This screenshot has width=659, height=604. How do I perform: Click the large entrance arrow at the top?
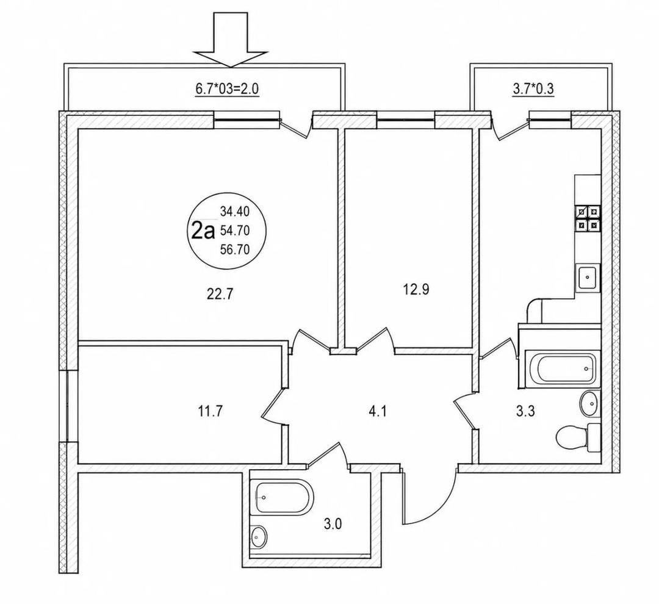point(230,40)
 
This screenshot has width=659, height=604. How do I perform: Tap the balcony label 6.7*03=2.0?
point(227,89)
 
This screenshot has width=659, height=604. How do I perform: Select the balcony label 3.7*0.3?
point(533,89)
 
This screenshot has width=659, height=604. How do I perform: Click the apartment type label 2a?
point(203,231)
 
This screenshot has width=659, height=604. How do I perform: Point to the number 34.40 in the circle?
point(235,212)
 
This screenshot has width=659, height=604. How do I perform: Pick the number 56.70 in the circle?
point(235,250)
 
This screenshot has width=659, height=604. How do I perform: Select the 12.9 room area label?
point(416,290)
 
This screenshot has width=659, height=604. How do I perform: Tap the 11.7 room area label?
point(210,411)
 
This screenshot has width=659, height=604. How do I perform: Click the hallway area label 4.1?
point(377,411)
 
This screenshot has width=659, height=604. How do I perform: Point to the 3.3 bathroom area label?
point(525,411)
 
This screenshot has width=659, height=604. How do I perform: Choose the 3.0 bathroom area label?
point(333,524)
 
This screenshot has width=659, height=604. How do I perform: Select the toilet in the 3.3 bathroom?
point(578,438)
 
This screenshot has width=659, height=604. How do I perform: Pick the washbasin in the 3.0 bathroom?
point(259,536)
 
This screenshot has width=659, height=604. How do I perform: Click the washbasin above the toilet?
point(590,404)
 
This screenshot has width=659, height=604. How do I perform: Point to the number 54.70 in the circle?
point(235,231)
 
